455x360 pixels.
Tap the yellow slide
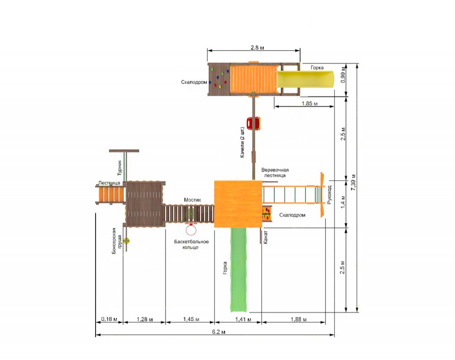pyautogui.click(x=305, y=79)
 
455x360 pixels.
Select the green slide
pyautogui.click(x=239, y=269)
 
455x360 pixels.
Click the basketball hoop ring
pyautogui.click(x=191, y=230)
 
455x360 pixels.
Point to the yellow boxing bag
pyautogui.click(x=126, y=240)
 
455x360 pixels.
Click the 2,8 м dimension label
pyautogui.click(x=257, y=48)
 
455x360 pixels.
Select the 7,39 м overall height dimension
pyautogui.click(x=353, y=182)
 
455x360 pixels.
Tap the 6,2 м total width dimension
pyautogui.click(x=218, y=332)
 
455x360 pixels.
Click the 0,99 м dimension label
pyautogui.click(x=343, y=75)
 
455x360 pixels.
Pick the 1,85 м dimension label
pyautogui.click(x=309, y=104)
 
